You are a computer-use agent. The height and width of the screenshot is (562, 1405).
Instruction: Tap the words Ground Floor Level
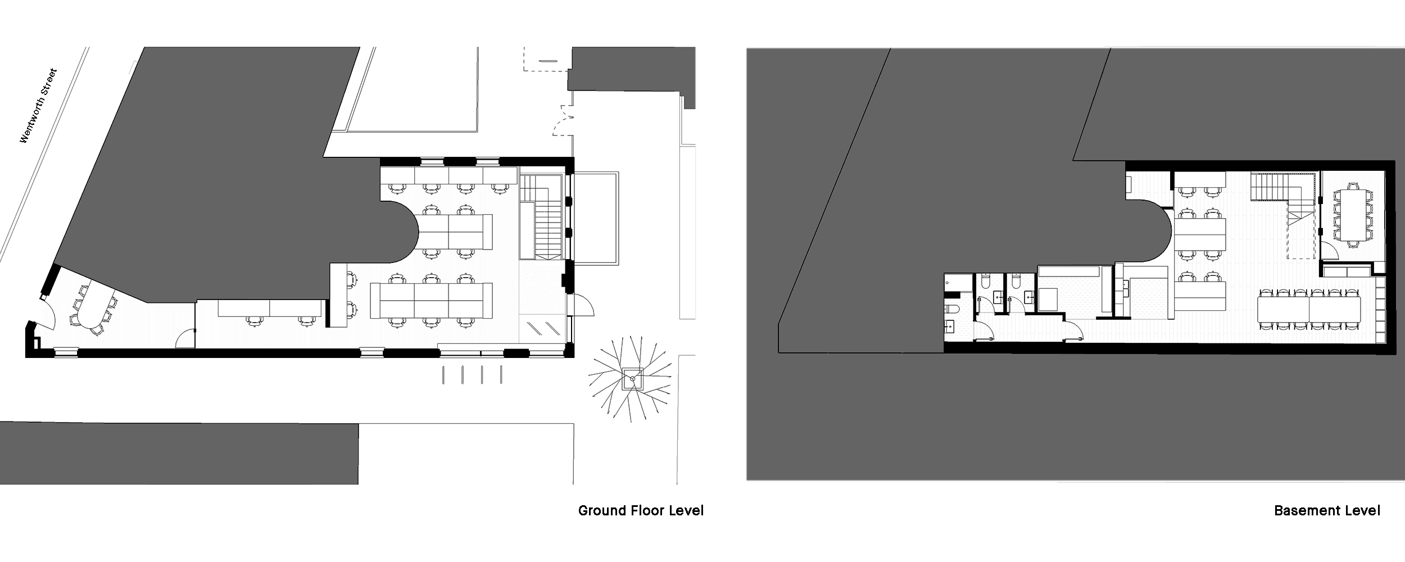[x=641, y=511]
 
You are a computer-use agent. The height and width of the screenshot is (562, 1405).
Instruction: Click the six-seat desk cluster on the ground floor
[x=431, y=301]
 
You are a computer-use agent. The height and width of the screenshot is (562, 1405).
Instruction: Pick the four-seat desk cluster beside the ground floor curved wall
[x=455, y=232]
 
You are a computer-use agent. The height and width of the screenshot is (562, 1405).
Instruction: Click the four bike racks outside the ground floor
[x=472, y=375]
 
